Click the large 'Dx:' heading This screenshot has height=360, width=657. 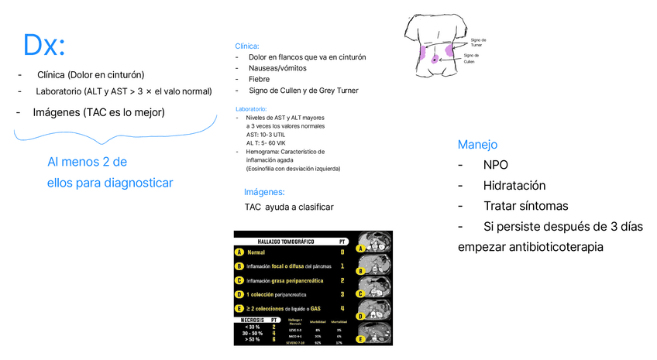click(x=44, y=46)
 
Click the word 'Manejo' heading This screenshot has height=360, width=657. click(x=477, y=145)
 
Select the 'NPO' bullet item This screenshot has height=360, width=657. click(x=495, y=165)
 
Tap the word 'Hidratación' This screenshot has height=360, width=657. click(x=514, y=186)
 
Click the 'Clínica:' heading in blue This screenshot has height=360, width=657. click(x=247, y=46)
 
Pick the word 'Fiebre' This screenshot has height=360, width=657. click(x=260, y=79)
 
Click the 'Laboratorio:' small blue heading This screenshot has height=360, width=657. click(x=251, y=109)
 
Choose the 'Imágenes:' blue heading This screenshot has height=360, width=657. click(x=264, y=192)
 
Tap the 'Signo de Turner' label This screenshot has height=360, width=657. click(x=478, y=43)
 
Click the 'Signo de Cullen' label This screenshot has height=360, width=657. click(x=471, y=59)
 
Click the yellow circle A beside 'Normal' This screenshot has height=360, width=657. click(x=240, y=252)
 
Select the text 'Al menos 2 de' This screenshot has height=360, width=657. click(x=87, y=163)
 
